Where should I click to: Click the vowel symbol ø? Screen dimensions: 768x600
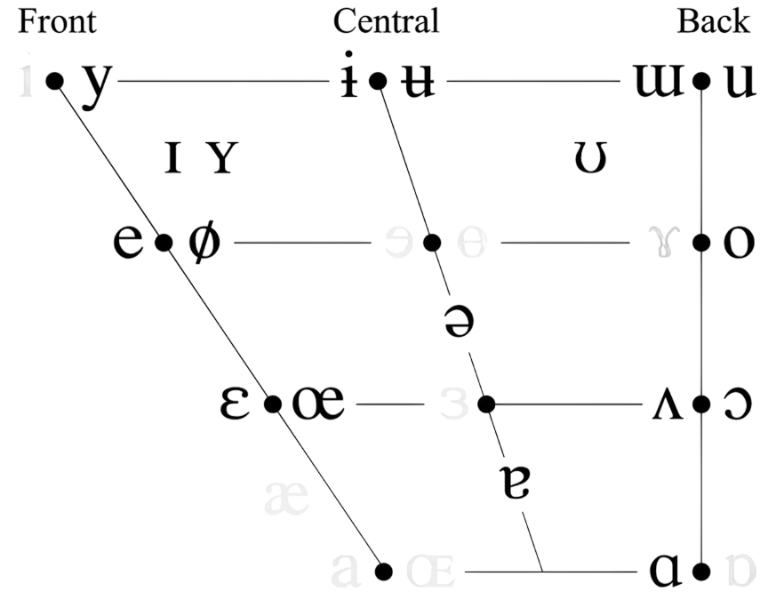(202, 241)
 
